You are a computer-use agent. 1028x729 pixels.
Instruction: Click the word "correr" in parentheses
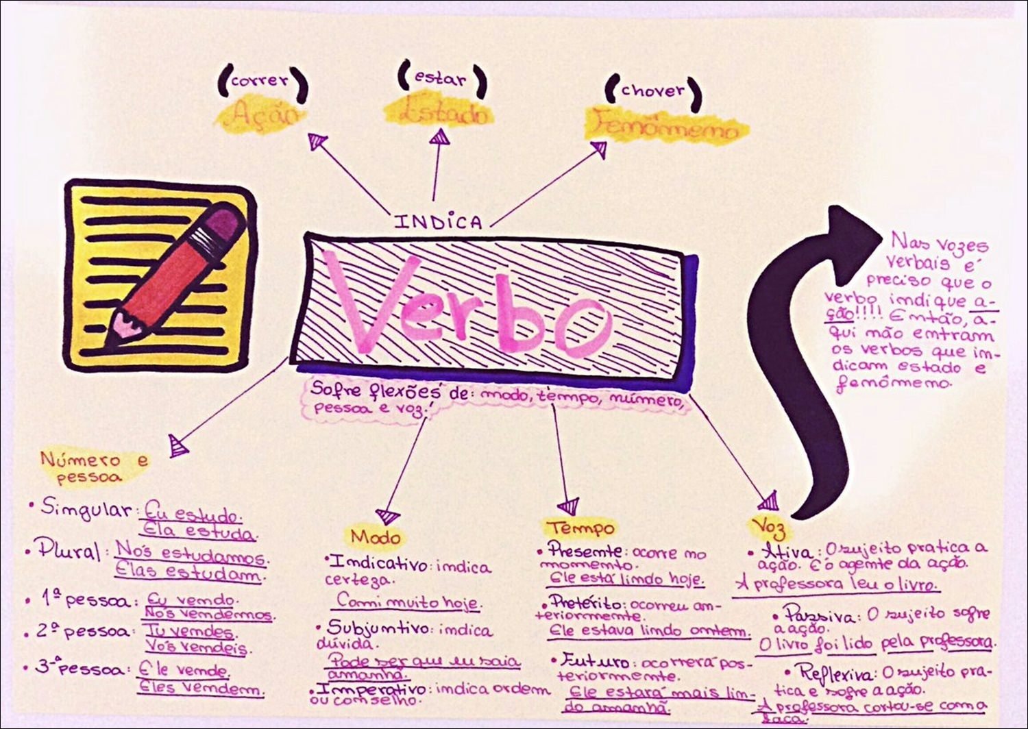click(260, 80)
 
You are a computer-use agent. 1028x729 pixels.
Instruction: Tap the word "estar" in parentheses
click(440, 78)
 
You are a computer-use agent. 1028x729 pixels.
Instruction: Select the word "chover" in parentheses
click(652, 90)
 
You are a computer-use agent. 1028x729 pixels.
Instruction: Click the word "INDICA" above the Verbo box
click(439, 221)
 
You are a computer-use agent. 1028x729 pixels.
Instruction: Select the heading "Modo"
click(375, 536)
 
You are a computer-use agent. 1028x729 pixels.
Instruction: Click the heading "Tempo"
click(580, 528)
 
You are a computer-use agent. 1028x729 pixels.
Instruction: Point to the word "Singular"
click(86, 508)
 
